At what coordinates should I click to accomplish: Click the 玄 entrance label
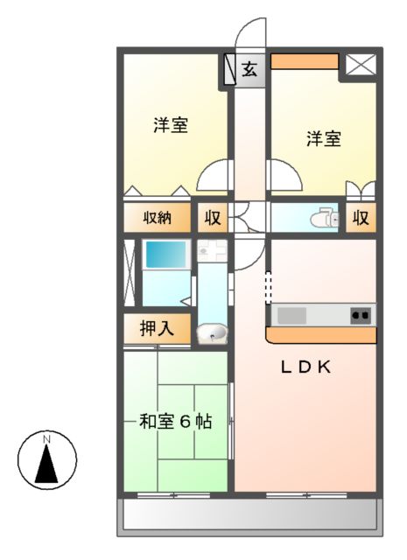pos(249,69)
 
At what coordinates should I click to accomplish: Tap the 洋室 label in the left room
pos(170,124)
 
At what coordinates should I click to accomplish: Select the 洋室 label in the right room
pos(324,138)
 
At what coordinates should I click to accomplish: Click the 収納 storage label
pos(158,218)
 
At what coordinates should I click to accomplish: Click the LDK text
pos(305,367)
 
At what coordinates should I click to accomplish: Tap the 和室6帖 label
pos(176,421)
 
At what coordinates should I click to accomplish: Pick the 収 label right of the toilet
pos(361,218)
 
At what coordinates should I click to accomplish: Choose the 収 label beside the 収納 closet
pos(212,218)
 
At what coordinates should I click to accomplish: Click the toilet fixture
pos(328,217)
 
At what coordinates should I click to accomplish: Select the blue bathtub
pos(166,255)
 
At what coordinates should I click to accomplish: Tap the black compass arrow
pos(47,464)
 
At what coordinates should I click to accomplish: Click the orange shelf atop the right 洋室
pos(304,61)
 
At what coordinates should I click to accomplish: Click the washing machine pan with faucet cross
pos(211,251)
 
